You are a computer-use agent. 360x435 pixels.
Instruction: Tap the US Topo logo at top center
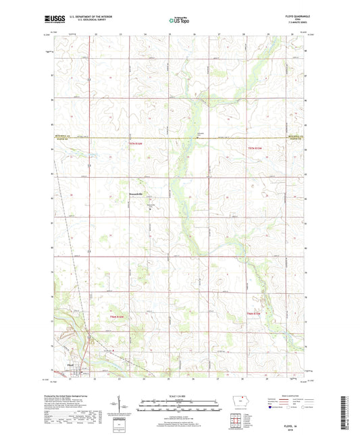[x=179, y=22]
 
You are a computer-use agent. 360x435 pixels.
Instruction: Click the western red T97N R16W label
[x=137, y=146]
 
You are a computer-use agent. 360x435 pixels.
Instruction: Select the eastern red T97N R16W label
[x=253, y=146]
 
